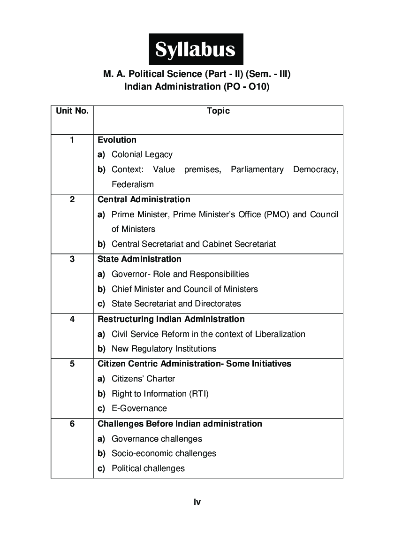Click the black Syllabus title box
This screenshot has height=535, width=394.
[x=196, y=49]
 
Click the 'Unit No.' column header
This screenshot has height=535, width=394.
[x=72, y=111]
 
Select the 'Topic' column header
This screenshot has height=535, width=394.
[x=218, y=111]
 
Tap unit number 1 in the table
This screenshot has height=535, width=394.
[x=72, y=140]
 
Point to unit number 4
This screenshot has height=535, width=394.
[x=72, y=319]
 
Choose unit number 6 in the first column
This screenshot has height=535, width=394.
[x=72, y=424]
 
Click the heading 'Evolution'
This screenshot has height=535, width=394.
[x=117, y=140]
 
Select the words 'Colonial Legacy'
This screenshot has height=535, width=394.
[x=142, y=154]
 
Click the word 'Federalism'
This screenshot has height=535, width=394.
[x=132, y=184]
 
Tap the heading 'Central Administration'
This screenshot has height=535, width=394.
[x=144, y=199]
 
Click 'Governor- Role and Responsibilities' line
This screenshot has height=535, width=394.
[x=180, y=274]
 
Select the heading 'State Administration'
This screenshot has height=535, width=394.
[x=139, y=259]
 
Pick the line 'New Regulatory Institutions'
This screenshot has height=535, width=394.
[x=164, y=349]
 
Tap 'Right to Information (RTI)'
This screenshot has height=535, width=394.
[x=160, y=394]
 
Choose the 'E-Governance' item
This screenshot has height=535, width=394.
[x=139, y=408]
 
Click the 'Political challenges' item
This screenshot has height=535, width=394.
[x=148, y=468]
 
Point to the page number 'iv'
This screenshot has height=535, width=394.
[x=197, y=502]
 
